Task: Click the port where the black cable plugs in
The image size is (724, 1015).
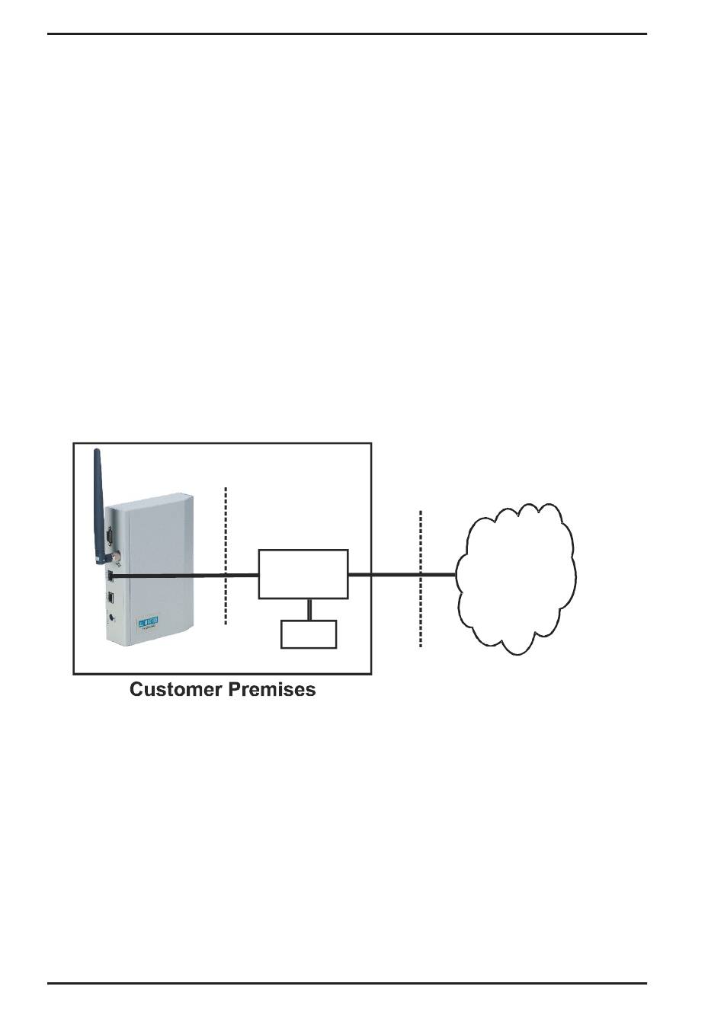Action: coord(111,576)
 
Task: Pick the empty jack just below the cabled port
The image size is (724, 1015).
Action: coord(111,598)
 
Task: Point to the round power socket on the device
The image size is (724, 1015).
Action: coord(112,619)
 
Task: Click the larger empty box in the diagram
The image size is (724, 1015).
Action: coord(303,573)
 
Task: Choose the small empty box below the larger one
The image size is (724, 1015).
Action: coord(309,634)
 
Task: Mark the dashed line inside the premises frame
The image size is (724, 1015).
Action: coord(226,556)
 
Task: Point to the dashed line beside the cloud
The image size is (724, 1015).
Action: coord(421,579)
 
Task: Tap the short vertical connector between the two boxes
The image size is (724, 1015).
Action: coord(309,609)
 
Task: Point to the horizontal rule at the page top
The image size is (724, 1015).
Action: coord(348,34)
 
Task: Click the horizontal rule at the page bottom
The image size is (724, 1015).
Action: coord(348,983)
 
